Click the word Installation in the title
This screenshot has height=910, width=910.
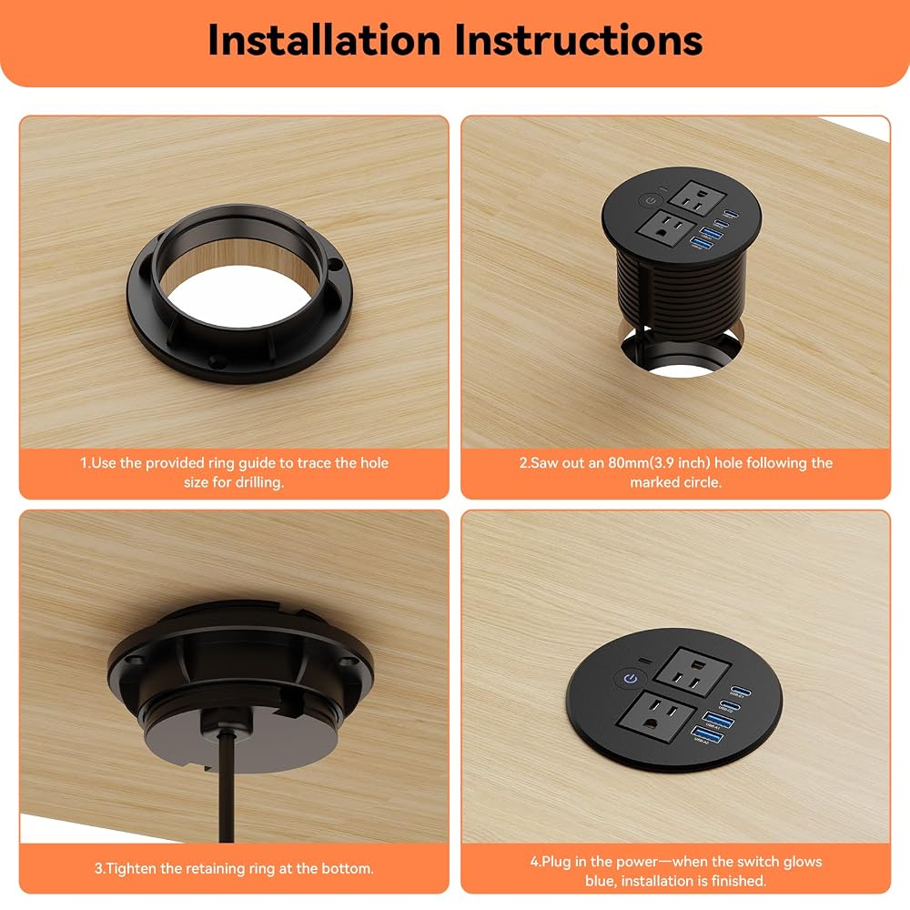[x=325, y=40]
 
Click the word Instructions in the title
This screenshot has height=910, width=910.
[x=578, y=40]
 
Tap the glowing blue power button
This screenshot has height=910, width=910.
[x=632, y=678]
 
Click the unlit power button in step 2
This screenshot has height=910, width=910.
[x=650, y=200]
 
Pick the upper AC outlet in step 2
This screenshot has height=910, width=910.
[x=697, y=198]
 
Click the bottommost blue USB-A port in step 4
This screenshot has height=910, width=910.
[x=707, y=733]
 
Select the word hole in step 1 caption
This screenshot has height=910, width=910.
[x=374, y=462]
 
